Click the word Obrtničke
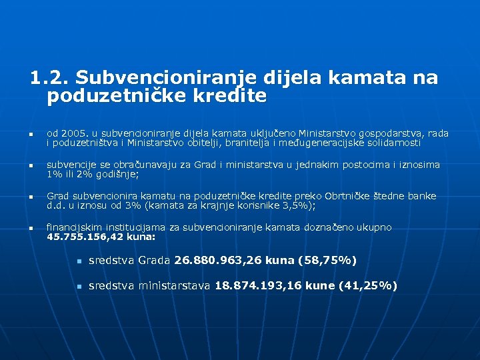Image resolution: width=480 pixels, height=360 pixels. (x=353, y=196)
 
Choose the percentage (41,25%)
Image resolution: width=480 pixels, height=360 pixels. (x=368, y=286)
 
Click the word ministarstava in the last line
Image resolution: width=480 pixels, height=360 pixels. (x=174, y=286)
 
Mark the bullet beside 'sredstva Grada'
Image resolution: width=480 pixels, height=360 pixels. (x=78, y=261)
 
